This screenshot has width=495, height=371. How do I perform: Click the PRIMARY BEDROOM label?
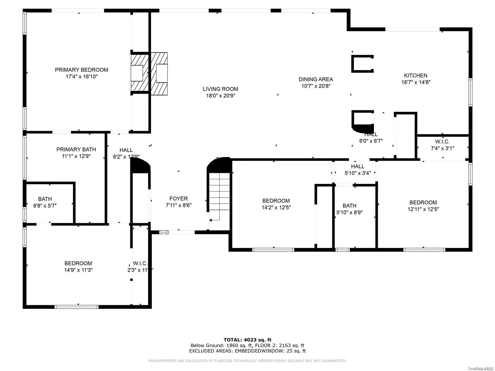coord(81,70)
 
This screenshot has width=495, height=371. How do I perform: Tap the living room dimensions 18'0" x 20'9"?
coord(220,96)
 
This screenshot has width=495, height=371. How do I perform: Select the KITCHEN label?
coord(416,76)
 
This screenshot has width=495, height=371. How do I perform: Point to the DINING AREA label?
coord(315,79)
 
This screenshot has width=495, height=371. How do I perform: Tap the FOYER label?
coord(178,198)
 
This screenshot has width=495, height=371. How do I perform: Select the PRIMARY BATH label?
coord(76,149)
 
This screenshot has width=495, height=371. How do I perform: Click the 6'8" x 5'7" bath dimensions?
coord(45,206)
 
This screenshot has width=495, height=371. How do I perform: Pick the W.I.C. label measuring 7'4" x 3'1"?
coord(442,142)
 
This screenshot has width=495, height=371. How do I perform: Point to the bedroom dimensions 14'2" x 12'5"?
coord(276,207)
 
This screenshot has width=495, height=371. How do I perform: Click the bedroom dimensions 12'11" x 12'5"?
coord(423,209)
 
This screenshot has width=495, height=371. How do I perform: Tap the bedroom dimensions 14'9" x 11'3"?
coord(78,270)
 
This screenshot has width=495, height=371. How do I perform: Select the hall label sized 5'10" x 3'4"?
coord(357,166)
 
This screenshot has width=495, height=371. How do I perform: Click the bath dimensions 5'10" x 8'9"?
coord(349,212)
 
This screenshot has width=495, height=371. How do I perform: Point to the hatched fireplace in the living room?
coord(159,74)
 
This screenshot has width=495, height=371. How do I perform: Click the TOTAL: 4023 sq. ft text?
coord(247,340)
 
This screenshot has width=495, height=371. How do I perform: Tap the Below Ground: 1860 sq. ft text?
coord(221,345)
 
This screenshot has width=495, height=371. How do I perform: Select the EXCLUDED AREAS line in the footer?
coord(247,351)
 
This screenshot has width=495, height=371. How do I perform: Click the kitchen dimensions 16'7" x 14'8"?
coord(416,82)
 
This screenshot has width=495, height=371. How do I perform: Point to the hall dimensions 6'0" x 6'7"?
coord(371,141)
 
